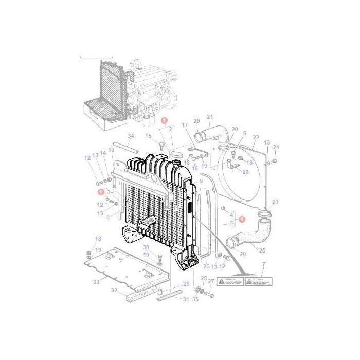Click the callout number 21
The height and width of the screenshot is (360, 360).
click(x=209, y=117)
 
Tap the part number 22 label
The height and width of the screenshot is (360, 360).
click(x=256, y=137)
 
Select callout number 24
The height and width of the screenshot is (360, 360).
click(x=277, y=147)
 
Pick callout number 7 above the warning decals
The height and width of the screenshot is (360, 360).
click(x=263, y=265)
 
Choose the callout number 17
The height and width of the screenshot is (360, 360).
click(x=186, y=125)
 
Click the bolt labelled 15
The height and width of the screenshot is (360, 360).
click(x=161, y=146)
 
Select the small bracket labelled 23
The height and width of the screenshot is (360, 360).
click(x=235, y=166)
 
